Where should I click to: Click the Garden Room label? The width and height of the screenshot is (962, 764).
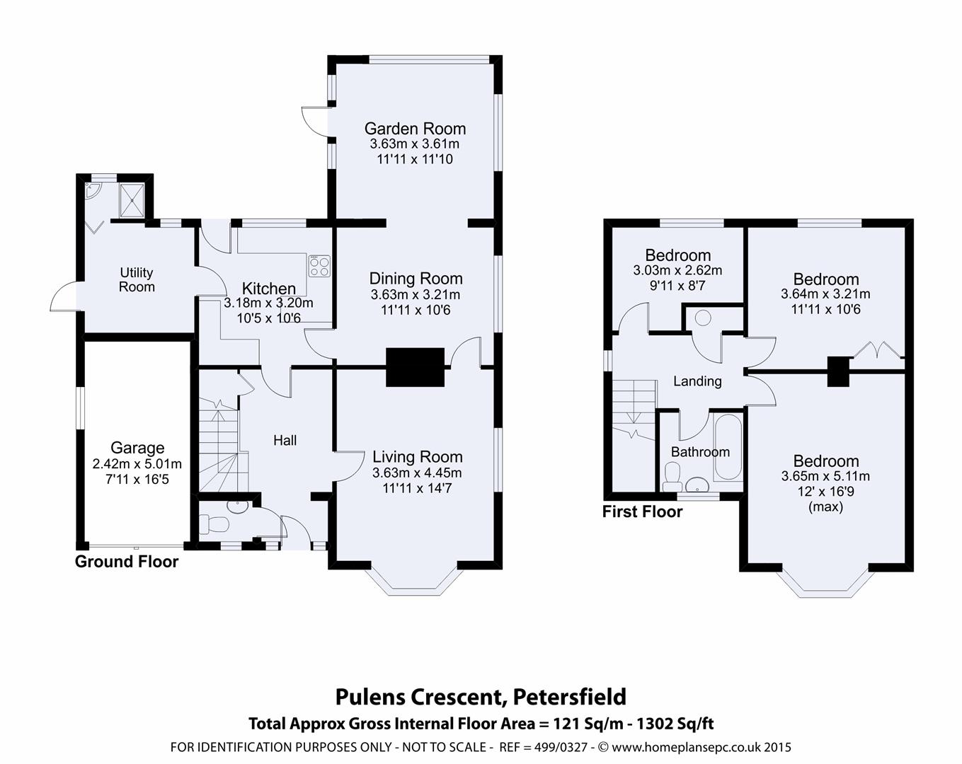pos(415,129)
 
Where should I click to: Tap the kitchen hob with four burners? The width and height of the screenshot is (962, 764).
pos(319,266)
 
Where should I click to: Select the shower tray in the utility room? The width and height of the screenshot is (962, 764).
pos(132,200)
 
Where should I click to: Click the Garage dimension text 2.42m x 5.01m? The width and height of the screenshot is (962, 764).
pos(137,464)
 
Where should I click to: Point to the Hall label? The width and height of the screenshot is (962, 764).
pos(285,441)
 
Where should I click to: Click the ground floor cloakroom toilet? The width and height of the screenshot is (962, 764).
pos(213,523)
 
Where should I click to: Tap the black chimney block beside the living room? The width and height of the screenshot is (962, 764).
pos(415,367)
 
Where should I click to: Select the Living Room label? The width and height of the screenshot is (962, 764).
pos(418,457)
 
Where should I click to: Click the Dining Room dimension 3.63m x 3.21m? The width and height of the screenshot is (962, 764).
pos(416,294)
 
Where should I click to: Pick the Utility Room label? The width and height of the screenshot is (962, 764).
pos(137,279)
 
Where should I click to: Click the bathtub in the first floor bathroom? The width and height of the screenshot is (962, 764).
pos(728,447)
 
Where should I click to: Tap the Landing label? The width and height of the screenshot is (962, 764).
pos(697,381)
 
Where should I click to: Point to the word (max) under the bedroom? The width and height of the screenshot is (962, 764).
pos(825,507)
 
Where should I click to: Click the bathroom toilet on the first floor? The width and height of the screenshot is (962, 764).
pos(672,476)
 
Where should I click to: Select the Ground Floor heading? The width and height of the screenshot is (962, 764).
pos(127,562)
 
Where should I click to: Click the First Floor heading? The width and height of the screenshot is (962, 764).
pos(642,511)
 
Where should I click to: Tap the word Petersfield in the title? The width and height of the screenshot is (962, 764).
pos(570,697)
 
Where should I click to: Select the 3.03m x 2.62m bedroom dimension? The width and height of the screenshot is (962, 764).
pos(677,270)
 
